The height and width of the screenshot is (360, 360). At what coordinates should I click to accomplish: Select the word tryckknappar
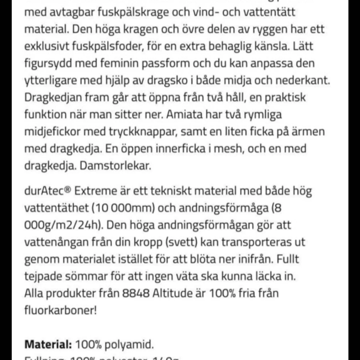pyautogui.click(x=117, y=132)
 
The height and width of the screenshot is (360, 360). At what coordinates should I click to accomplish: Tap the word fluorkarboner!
pyautogui.click(x=60, y=310)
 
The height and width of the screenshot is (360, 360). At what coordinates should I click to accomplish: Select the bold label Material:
pyautogui.click(x=48, y=345)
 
